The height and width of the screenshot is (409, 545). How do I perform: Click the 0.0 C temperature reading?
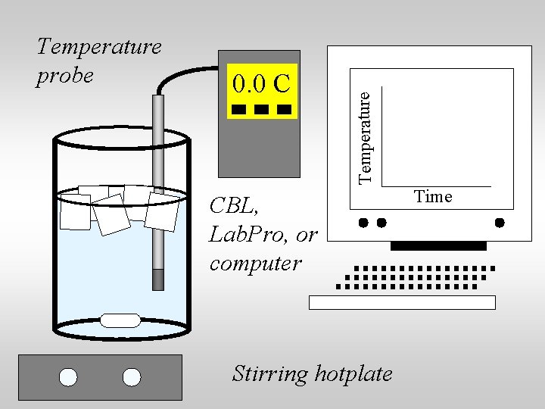[262, 83]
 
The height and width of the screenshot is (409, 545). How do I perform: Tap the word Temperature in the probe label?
[99, 47]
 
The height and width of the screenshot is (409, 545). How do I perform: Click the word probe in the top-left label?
[65, 76]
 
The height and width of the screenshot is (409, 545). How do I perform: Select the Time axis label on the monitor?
[433, 197]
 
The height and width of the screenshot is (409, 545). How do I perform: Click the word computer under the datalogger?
[255, 264]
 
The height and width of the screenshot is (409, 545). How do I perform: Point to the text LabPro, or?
[263, 235]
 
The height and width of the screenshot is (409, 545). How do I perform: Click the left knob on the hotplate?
[68, 377]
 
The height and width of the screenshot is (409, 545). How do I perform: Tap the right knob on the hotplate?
[132, 377]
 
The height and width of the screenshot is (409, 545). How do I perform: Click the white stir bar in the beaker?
[120, 320]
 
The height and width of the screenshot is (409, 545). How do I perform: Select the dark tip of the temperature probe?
[158, 279]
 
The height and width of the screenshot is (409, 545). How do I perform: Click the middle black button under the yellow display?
[261, 109]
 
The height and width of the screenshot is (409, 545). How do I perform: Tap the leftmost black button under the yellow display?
[238, 109]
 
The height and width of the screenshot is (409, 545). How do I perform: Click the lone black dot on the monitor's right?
[500, 223]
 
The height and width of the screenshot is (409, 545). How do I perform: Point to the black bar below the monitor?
[438, 246]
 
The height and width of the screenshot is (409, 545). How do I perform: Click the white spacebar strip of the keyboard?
[402, 302]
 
